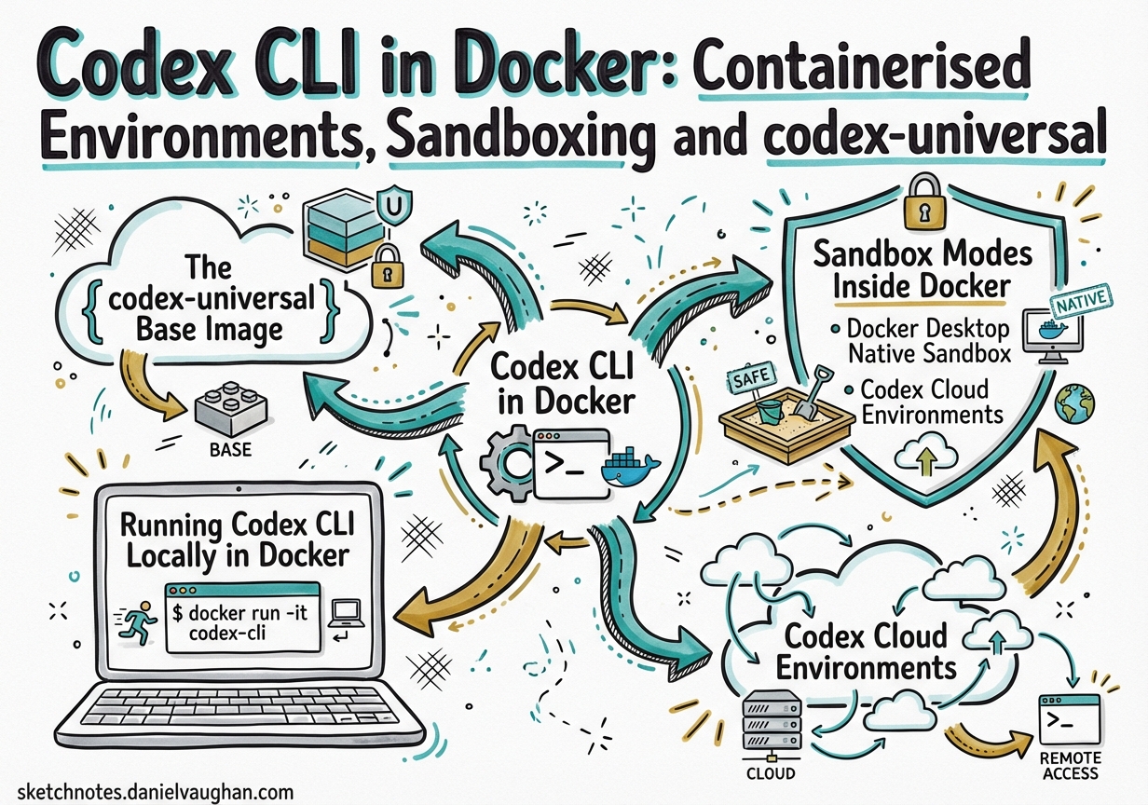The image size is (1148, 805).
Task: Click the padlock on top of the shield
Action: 919,212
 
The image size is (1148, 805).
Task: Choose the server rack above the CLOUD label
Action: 770,724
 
